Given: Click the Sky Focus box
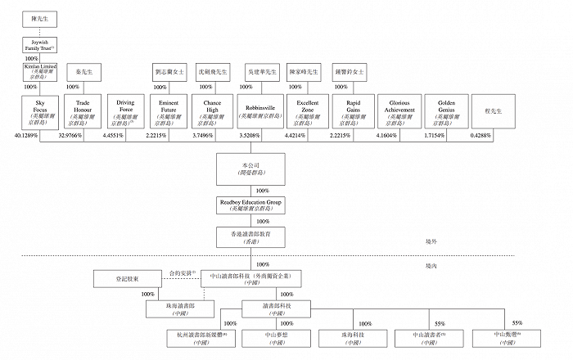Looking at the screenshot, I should (x=41, y=112).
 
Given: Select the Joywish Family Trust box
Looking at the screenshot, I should (x=40, y=45).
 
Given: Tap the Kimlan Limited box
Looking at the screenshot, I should (x=40, y=72).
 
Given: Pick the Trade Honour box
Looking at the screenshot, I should (x=83, y=112).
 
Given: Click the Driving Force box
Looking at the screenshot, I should (x=126, y=112).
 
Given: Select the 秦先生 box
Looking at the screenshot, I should (x=83, y=72).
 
